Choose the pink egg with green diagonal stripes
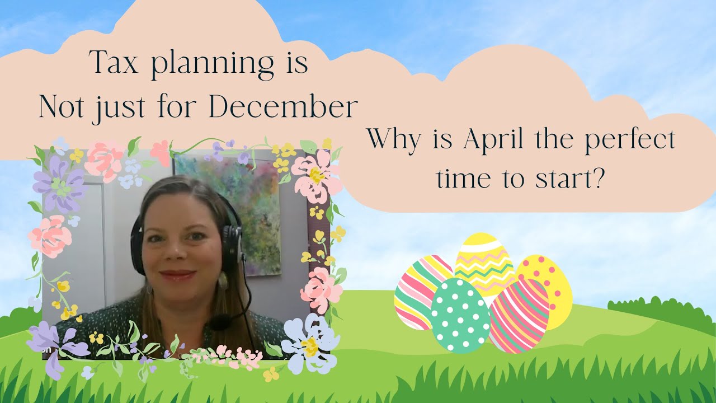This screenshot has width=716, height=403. tap(519, 316)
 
